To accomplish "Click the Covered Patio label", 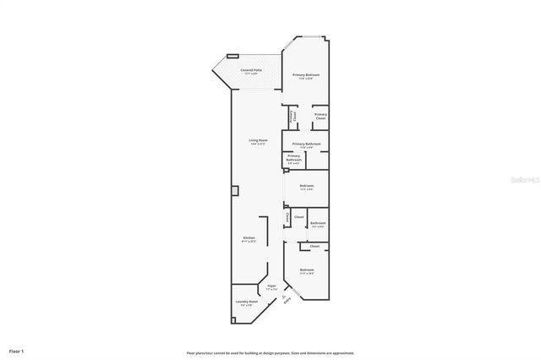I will click(x=251, y=69).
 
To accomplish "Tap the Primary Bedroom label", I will click(x=306, y=75).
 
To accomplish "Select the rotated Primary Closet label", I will click(x=292, y=118).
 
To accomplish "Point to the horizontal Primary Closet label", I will click(x=320, y=116).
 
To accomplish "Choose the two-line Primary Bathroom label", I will click(x=293, y=157).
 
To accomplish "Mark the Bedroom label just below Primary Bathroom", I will click(x=306, y=185).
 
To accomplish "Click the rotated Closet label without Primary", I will click(x=287, y=217).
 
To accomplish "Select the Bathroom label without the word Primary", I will click(x=318, y=223).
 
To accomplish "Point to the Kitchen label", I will click(x=249, y=238).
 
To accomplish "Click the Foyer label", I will click(x=272, y=286).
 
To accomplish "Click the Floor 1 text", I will click(x=17, y=350).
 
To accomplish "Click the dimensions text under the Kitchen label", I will click(x=249, y=242).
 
